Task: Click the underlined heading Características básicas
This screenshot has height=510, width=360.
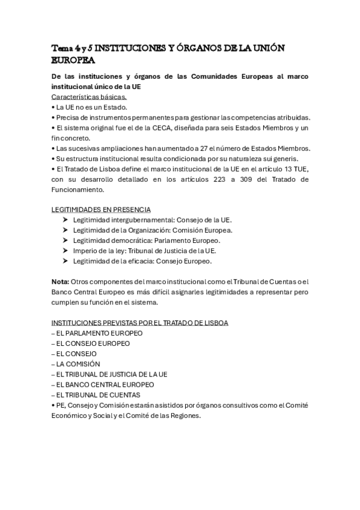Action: [x=88, y=97]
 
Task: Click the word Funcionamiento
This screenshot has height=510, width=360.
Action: [x=78, y=189]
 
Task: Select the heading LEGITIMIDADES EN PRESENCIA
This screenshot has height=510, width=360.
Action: [x=101, y=209]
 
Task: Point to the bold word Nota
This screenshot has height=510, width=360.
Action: [x=59, y=281]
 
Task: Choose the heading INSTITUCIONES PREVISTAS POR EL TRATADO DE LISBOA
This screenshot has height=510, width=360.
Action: [x=139, y=322]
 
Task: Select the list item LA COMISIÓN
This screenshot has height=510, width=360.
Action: [x=78, y=364]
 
